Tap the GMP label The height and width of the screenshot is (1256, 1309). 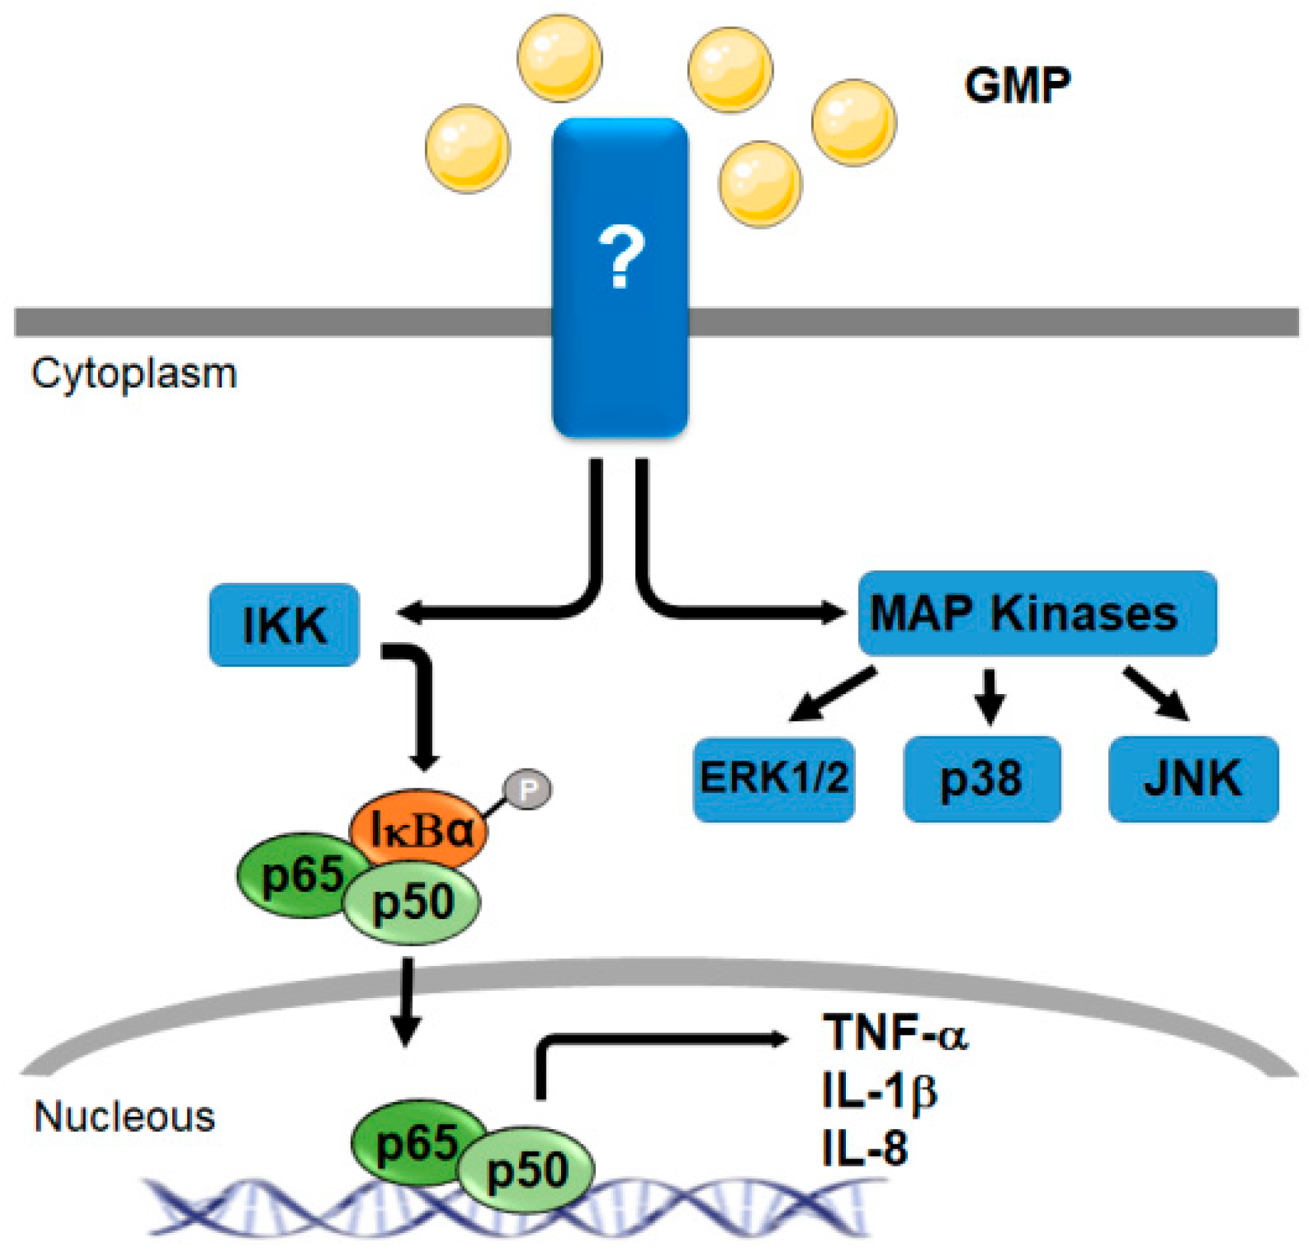1016,86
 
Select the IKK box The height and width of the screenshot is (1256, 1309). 285,624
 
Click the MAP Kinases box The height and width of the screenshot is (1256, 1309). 1037,613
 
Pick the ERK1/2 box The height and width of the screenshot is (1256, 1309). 774,778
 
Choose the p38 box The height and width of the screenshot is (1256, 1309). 981,778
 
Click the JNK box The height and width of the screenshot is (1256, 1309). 1193,778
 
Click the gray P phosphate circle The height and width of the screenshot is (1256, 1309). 527,790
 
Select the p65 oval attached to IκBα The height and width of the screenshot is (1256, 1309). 294,875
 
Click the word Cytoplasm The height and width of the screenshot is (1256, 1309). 134,374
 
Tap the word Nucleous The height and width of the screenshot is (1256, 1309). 124,1117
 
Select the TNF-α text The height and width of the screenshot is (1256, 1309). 895,1032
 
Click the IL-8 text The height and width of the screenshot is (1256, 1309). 865,1149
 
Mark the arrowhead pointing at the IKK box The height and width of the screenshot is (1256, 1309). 408,612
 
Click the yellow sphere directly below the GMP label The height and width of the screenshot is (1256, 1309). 854,123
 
